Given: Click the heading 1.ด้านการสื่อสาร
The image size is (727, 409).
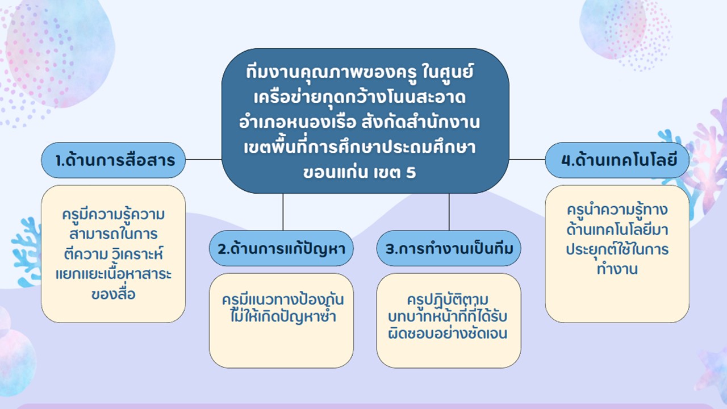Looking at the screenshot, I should [113, 160].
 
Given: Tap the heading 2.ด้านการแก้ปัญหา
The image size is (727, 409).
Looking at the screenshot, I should [281, 248].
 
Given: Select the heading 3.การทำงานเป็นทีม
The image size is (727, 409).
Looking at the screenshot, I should [449, 248].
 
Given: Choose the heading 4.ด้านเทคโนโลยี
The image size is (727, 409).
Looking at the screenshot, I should [617, 160].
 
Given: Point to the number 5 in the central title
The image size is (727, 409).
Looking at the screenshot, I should [411, 172].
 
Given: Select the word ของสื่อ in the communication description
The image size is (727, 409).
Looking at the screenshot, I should [113, 294].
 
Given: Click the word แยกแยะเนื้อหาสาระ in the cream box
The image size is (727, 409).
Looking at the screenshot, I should [113, 274].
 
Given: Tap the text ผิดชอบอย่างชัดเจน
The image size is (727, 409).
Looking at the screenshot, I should [448, 333].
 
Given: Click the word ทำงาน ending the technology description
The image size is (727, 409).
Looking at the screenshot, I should [617, 269].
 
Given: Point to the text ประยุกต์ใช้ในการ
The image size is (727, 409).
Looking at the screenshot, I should [617, 249].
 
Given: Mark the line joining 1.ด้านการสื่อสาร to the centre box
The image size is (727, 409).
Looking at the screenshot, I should [203, 160].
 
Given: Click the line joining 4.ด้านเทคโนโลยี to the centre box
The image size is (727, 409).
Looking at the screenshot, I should [527, 160].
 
